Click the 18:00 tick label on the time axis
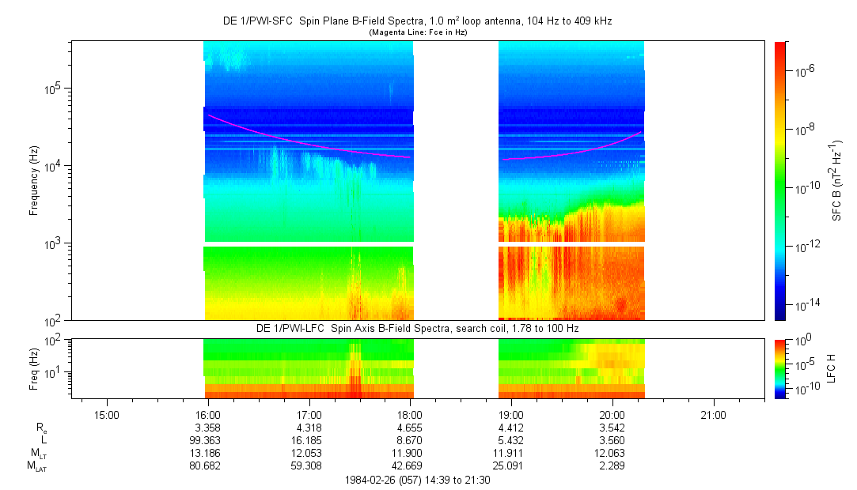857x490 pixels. [x=410, y=414]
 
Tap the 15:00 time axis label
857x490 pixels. [x=106, y=414]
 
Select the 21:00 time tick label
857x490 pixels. [x=713, y=414]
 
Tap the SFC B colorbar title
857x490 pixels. [x=836, y=180]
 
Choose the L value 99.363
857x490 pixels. [x=207, y=440]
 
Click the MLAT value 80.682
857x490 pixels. [x=207, y=466]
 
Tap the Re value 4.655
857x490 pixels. [x=410, y=428]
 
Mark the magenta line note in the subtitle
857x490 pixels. [x=416, y=32]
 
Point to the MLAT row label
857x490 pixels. [x=37, y=467]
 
